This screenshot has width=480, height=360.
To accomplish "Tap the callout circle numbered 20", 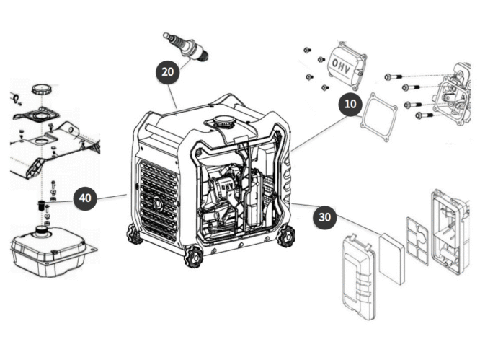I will pyautogui.click(x=168, y=72).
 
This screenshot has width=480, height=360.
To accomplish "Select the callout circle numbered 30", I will pyautogui.click(x=325, y=216).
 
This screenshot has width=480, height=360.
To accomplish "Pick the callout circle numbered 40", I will pyautogui.click(x=85, y=198).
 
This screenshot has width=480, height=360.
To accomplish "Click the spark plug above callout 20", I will pyautogui.click(x=186, y=46).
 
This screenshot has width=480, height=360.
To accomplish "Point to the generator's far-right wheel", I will pyautogui.click(x=286, y=234).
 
